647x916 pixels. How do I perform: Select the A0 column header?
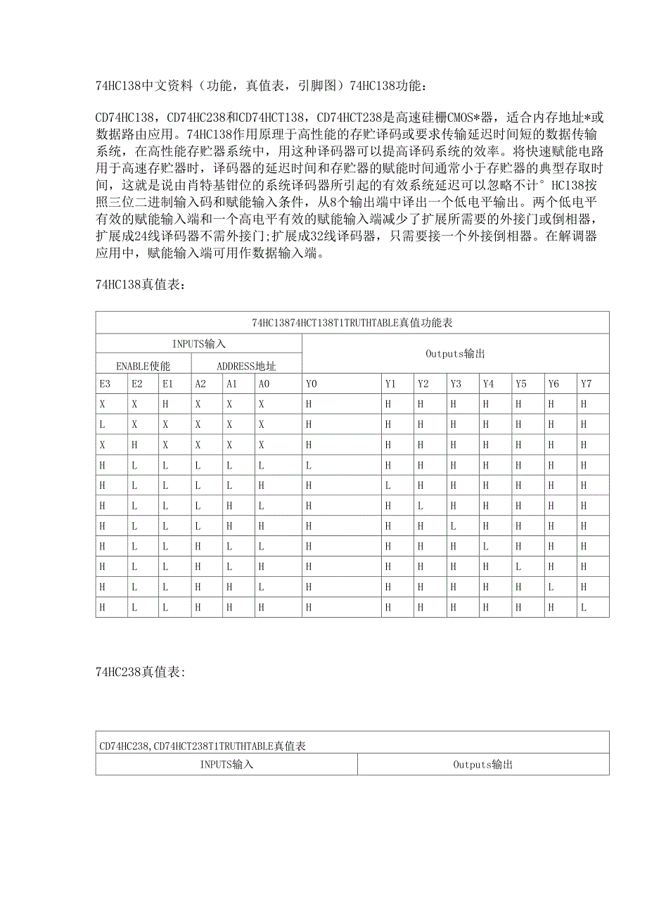point(264,384)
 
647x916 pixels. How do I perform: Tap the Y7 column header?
point(587,384)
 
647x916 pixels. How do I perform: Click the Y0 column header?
point(312,384)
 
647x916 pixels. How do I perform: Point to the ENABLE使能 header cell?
point(143,366)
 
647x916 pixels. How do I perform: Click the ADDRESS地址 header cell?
point(246,366)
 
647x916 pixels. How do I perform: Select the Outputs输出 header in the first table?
point(455,354)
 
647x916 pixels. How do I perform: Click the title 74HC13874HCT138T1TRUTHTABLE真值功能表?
point(352,323)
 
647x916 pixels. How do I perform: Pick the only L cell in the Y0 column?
point(309,466)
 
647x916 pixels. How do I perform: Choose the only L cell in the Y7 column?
point(584,608)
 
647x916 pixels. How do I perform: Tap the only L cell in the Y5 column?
point(518,567)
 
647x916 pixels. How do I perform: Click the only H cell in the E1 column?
point(165,405)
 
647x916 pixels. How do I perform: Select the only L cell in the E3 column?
point(102,425)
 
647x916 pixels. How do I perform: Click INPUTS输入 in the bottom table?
point(226,764)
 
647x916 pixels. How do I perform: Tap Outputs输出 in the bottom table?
point(482,764)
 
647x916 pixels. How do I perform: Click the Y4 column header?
point(489,384)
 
